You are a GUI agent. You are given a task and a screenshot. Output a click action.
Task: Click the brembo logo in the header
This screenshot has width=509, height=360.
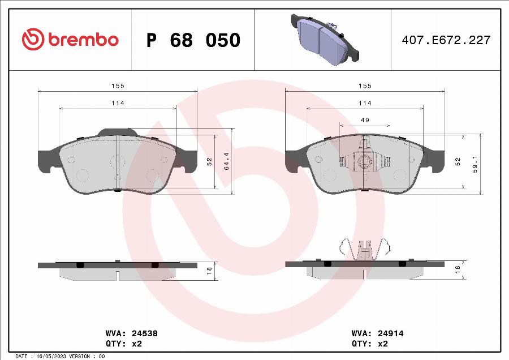click(70, 40)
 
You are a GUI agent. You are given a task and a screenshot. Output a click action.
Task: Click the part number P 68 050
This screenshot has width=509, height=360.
click(193, 40)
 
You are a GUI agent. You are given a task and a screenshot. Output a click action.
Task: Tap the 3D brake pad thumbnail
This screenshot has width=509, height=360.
click(323, 38)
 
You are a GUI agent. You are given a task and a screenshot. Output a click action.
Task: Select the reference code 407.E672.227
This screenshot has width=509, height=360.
click(446, 40)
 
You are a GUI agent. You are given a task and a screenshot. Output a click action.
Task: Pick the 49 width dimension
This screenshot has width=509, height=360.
click(365, 120)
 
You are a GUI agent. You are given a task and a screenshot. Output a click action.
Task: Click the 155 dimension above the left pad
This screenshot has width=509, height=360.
click(117, 85)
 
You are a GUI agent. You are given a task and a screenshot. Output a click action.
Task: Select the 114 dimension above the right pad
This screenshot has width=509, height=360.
click(365, 103)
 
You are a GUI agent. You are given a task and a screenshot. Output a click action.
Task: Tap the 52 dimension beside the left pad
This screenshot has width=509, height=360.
click(209, 161)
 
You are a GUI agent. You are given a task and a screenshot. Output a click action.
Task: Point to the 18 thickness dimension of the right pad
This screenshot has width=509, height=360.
click(458, 270)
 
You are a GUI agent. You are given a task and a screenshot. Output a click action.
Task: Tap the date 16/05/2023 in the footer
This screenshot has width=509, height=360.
click(53, 356)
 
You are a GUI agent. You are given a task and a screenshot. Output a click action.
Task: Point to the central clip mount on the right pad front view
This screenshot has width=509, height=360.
click(365, 162)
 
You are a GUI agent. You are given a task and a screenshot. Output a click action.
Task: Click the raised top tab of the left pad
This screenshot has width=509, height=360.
click(118, 132)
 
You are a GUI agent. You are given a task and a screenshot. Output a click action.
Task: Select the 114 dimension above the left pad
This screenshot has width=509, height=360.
click(117, 103)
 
